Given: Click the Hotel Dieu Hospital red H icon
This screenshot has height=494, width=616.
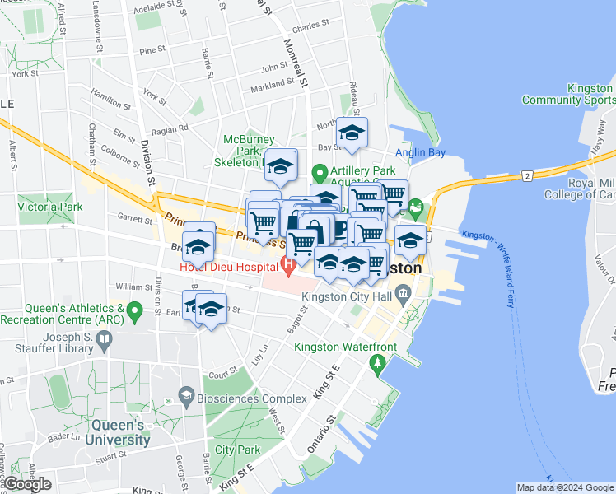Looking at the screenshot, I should pyautogui.click(x=289, y=267).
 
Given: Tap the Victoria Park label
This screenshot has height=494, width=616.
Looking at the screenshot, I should pyautogui.click(x=50, y=208).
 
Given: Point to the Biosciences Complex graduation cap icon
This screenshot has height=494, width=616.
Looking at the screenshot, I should pyautogui.click(x=188, y=398).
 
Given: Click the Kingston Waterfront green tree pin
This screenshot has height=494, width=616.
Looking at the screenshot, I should pyautogui.click(x=378, y=362).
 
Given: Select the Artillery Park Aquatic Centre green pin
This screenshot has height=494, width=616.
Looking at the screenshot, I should pyautogui.click(x=320, y=175).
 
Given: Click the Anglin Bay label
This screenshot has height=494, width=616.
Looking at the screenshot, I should pyautogui.click(x=420, y=152).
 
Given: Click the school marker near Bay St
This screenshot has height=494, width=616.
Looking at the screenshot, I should pyautogui.click(x=352, y=133).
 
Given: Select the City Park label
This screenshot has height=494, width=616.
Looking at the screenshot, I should pyautogui.click(x=237, y=450).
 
